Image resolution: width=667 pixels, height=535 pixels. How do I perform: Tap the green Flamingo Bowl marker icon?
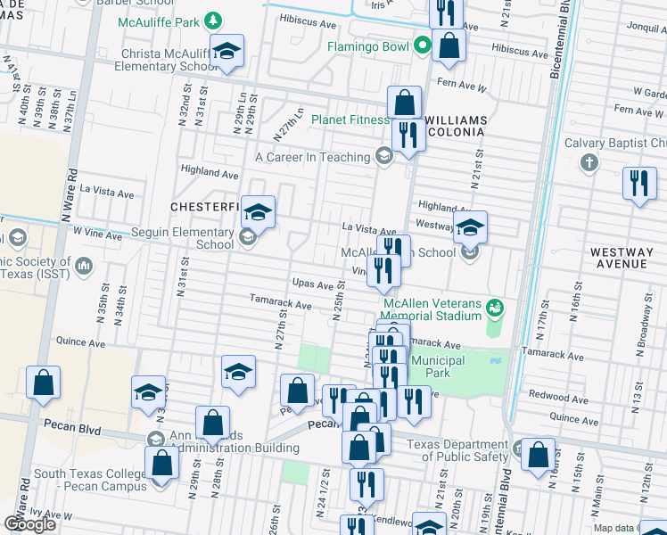tap(424, 46)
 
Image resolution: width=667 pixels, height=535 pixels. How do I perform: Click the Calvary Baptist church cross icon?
tap(588, 163)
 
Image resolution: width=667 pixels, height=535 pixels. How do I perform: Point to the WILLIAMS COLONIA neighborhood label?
tap(456, 126)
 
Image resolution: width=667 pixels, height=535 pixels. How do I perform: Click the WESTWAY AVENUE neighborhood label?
tap(622, 259)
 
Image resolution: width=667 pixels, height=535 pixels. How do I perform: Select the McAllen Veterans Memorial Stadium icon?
tap(496, 309)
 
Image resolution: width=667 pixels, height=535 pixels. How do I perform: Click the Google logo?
tap(29, 524)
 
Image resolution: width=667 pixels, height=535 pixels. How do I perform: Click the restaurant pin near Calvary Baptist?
tap(638, 184)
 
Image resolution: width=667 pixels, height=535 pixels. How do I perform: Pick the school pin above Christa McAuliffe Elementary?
tap(226, 51)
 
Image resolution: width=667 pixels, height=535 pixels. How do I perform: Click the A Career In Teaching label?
tap(312, 157)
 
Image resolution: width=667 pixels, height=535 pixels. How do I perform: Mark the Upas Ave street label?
tap(313, 283)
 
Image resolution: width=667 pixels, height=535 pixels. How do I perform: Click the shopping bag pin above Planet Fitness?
tap(405, 103)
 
